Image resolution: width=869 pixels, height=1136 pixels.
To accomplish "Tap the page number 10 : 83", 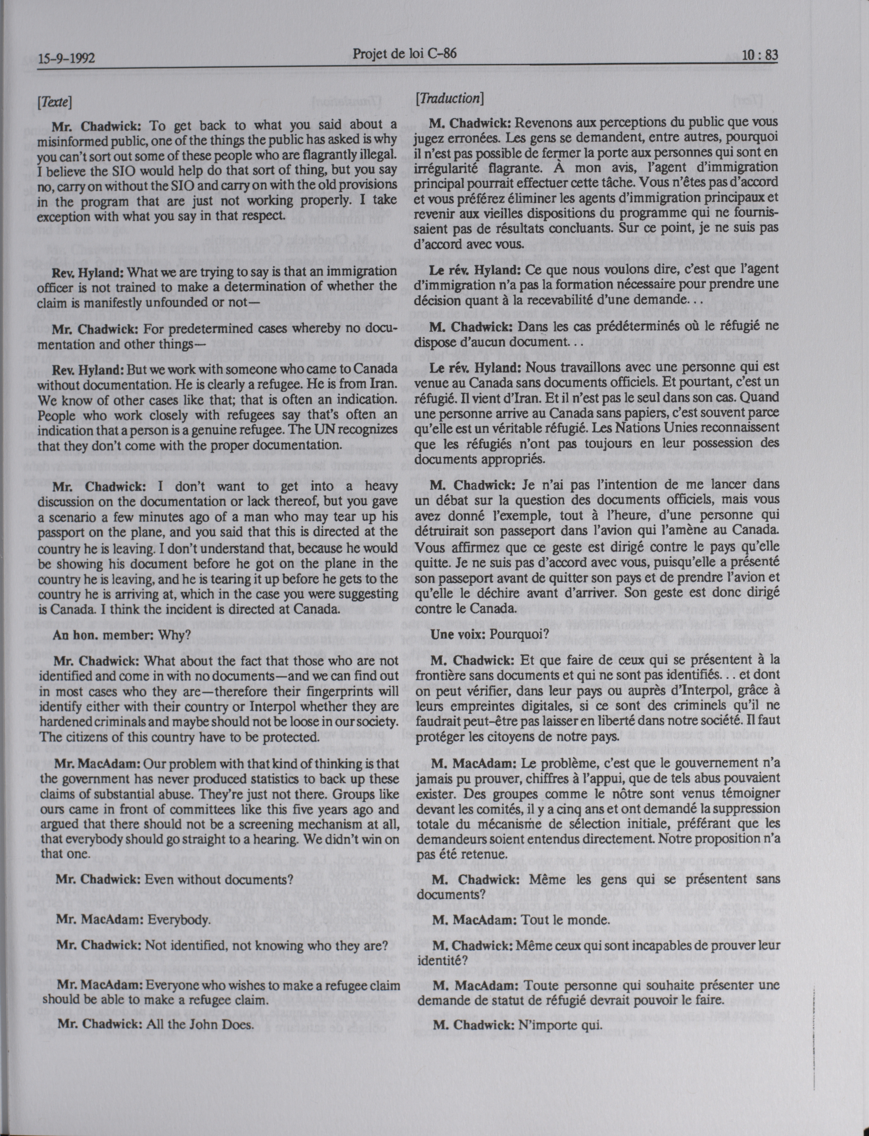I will (759, 55).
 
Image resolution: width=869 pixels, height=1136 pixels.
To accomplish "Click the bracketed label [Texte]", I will (54, 101).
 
